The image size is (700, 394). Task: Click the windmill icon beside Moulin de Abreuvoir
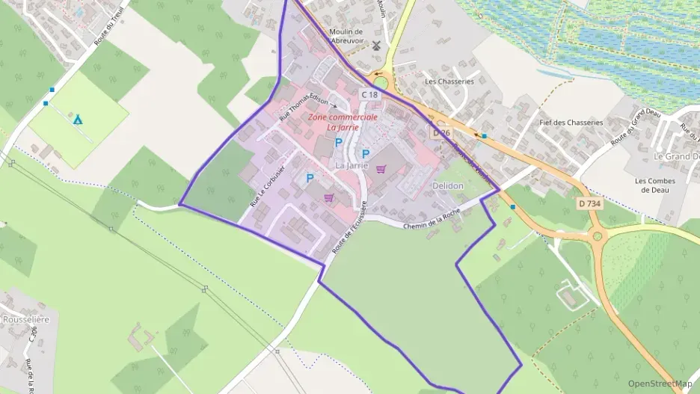377,45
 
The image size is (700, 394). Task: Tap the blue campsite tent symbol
78,119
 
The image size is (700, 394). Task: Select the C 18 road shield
369,95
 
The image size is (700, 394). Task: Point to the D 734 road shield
590,203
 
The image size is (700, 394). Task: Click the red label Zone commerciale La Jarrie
343,122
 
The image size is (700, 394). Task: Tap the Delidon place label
448,185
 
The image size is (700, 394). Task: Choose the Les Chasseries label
449,81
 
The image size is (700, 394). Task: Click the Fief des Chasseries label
571,123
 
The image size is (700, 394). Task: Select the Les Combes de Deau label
654,185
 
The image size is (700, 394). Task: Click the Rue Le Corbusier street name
268,185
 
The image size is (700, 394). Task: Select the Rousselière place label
26,319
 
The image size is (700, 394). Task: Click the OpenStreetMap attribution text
660,384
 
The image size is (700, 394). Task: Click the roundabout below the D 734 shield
597,238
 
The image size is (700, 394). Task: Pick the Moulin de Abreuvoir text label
346,37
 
